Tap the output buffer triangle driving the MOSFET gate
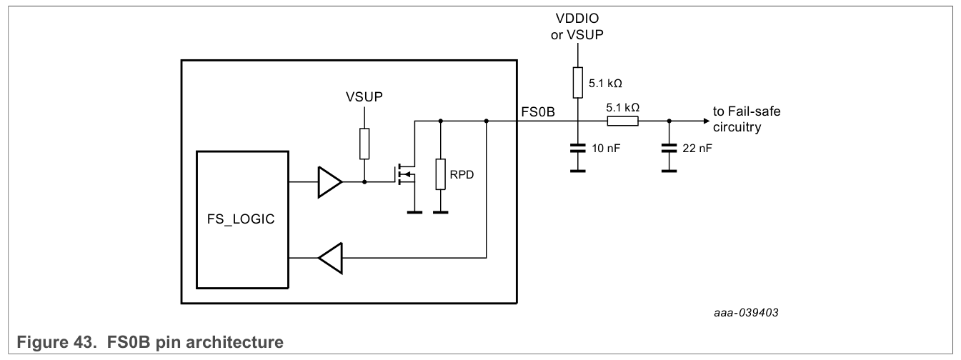click(330, 181)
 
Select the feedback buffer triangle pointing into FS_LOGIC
click(330, 258)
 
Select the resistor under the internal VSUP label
click(364, 144)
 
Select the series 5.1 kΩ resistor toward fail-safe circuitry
click(622, 121)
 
